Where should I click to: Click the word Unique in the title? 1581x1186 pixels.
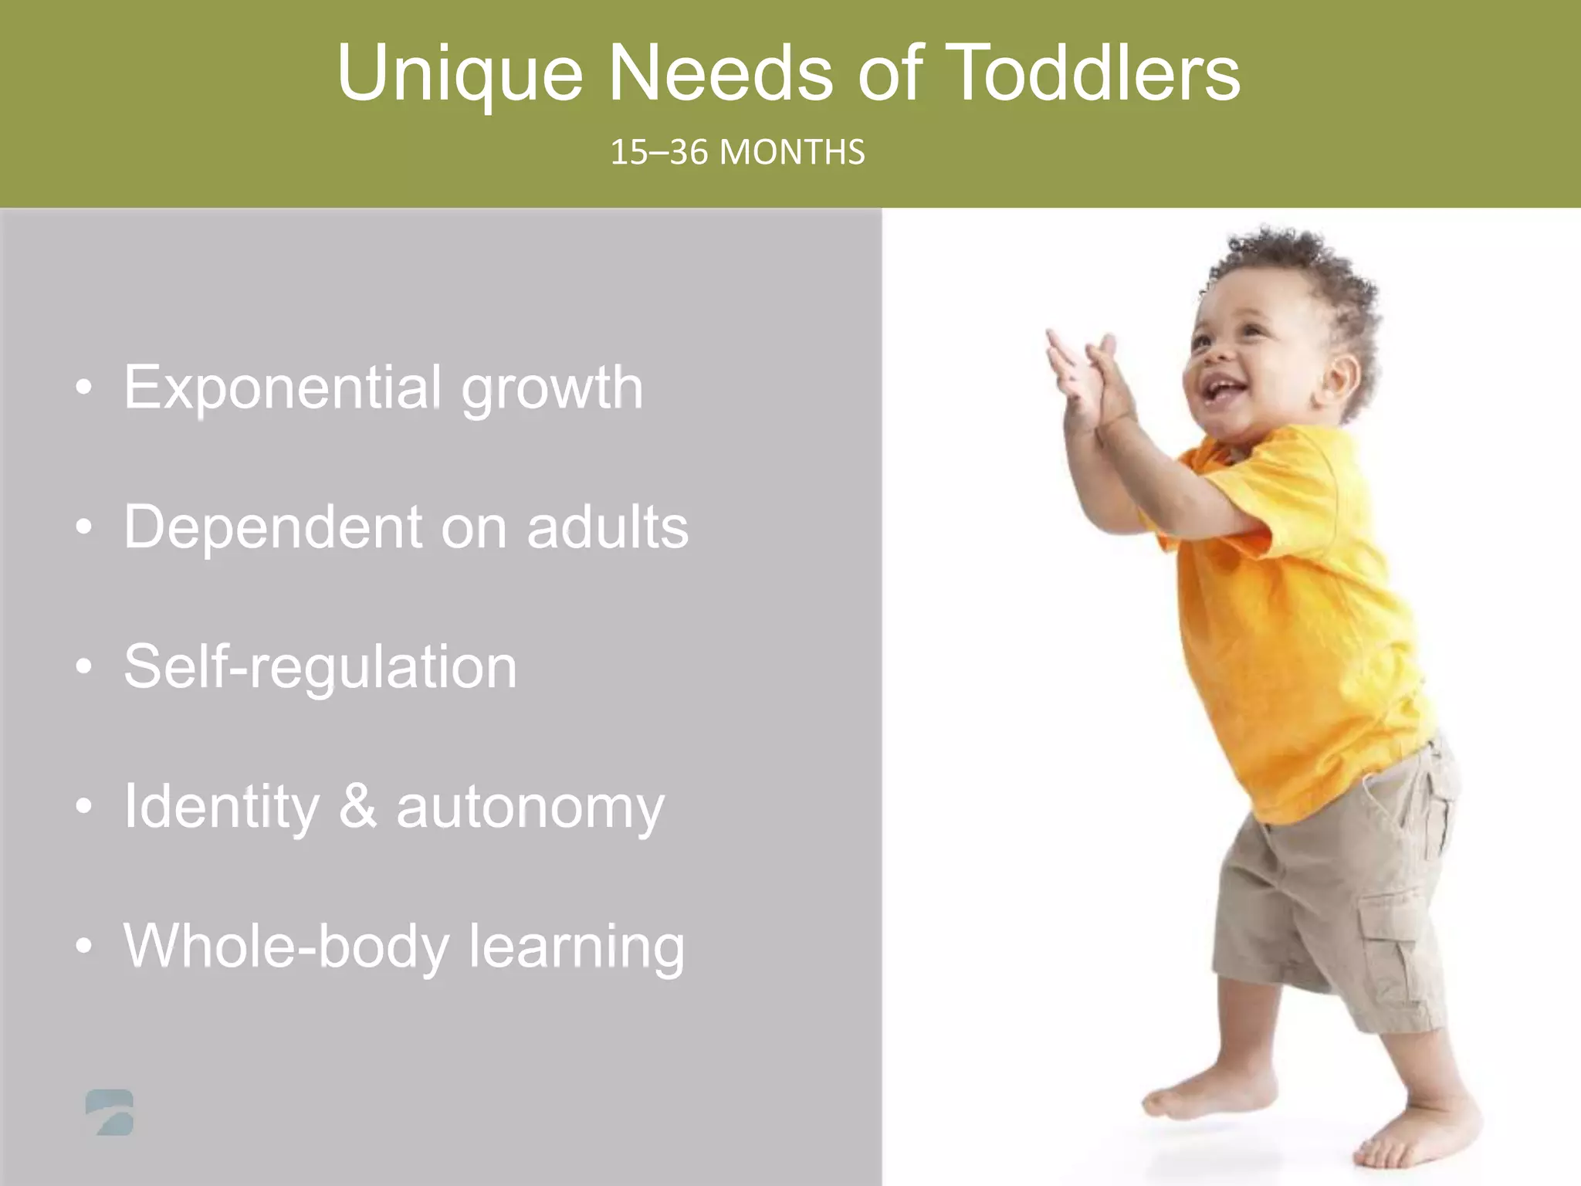[x=460, y=74]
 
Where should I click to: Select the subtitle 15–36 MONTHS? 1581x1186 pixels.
[x=737, y=152]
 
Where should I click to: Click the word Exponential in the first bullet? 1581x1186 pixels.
[x=283, y=388]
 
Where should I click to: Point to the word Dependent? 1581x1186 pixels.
[x=272, y=527]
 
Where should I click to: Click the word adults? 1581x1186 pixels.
[x=608, y=527]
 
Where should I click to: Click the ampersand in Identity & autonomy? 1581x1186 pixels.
[x=358, y=806]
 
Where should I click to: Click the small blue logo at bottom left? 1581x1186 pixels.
[x=110, y=1113]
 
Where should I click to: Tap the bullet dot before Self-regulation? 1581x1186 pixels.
[x=84, y=666]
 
